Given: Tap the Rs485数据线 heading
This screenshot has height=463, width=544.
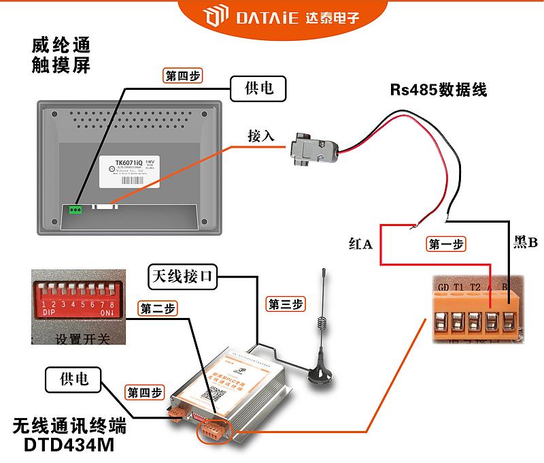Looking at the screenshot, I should tap(438, 90).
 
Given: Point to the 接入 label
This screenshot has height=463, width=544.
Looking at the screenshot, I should tap(261, 135).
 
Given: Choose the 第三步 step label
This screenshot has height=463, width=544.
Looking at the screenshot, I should tap(286, 304).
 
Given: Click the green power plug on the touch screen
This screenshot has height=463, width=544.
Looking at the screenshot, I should tap(75, 209).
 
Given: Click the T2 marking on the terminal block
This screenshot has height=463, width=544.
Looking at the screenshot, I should tap(475, 287).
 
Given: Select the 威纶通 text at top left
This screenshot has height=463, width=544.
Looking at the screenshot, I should tap(61, 46).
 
